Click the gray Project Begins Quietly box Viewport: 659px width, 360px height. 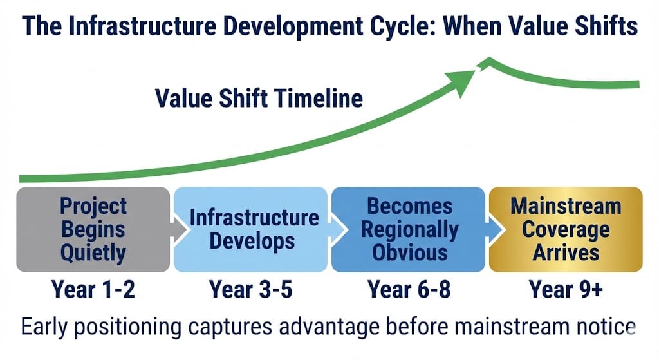[93, 230]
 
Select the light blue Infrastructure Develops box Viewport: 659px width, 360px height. [251, 230]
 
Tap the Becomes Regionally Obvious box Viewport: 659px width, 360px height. [408, 230]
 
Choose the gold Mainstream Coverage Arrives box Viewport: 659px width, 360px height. [566, 230]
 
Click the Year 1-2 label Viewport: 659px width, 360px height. [93, 290]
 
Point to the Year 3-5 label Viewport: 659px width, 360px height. [250, 290]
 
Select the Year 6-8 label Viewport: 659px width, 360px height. [409, 290]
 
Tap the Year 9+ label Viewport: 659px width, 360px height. [566, 290]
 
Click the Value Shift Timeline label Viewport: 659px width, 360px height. [259, 99]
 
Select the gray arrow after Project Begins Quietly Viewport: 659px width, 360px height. [179, 230]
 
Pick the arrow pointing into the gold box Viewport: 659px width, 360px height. [494, 230]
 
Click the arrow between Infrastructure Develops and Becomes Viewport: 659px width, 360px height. [337, 230]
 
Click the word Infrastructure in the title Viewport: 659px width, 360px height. [142, 26]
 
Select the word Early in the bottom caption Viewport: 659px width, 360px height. [44, 327]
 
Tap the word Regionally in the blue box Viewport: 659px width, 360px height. [409, 231]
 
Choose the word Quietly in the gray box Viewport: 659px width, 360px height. [93, 253]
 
